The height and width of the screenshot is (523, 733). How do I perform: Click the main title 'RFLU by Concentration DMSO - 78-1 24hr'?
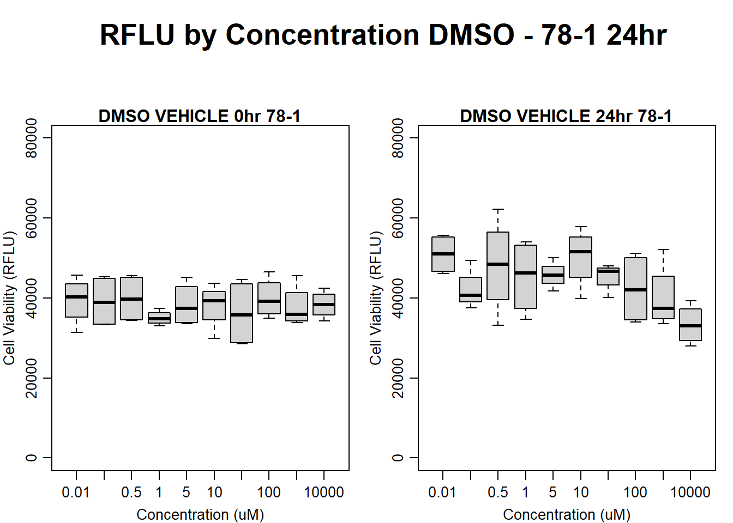click(x=383, y=35)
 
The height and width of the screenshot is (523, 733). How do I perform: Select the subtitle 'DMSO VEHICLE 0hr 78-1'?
click(x=200, y=116)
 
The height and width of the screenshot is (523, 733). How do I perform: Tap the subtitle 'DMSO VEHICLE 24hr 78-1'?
click(x=566, y=116)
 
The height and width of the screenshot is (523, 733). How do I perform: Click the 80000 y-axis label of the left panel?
click(x=32, y=138)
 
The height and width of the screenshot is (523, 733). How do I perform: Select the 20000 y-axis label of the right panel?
click(x=398, y=378)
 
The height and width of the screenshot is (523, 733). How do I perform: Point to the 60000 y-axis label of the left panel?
click(x=32, y=218)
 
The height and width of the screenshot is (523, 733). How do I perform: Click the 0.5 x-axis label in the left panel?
click(x=131, y=492)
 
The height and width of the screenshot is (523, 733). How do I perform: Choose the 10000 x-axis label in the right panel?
click(x=690, y=492)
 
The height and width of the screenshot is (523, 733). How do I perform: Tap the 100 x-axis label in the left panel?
click(x=269, y=492)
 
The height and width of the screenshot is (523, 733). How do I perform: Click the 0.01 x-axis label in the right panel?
click(x=442, y=492)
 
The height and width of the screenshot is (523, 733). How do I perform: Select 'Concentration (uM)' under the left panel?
click(x=200, y=514)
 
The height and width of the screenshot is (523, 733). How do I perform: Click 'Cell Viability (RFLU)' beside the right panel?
click(x=376, y=298)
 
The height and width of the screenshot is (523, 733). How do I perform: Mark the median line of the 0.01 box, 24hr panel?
click(x=443, y=254)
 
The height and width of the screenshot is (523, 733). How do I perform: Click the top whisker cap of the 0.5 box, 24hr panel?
click(x=498, y=209)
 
